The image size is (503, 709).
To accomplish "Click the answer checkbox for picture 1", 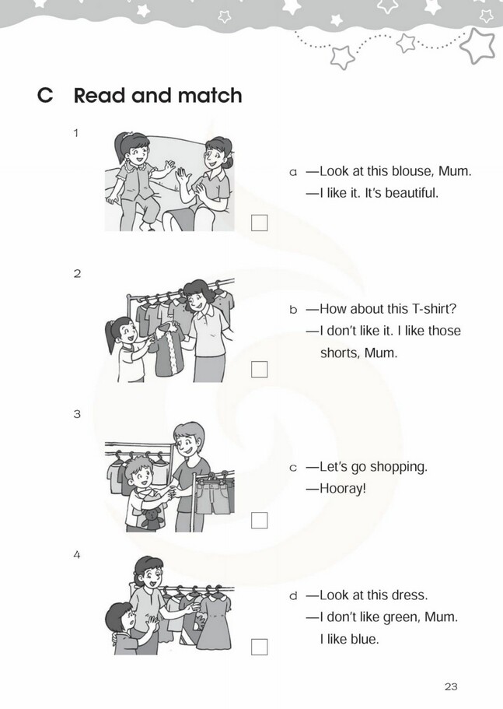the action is click(x=259, y=223).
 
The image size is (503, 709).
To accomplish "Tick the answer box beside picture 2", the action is click(x=259, y=370).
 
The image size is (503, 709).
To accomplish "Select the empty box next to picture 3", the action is click(x=259, y=521).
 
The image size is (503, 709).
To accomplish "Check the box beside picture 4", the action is click(x=259, y=647).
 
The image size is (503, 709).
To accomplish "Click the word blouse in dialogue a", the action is click(x=410, y=171).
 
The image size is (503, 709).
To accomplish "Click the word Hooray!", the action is click(x=343, y=489).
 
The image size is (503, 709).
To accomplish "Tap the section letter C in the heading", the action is click(x=45, y=96).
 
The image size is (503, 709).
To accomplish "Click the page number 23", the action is click(x=451, y=686).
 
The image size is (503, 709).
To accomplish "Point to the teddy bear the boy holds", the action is click(x=152, y=518).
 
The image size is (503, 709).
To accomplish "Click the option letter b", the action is click(x=294, y=309).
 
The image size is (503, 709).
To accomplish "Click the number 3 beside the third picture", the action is click(x=77, y=414).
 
